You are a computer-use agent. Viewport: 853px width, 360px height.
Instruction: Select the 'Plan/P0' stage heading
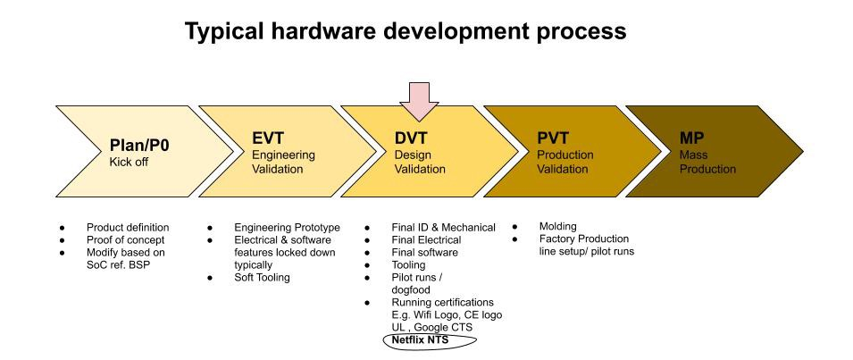coord(139,145)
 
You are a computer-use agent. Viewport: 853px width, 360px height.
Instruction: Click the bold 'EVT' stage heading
coord(268,138)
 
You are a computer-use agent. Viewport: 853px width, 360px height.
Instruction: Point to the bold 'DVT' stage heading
coord(412,138)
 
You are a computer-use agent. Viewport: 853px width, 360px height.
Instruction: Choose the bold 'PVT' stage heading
coord(554,138)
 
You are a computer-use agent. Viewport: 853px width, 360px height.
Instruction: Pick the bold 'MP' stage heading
coord(692,138)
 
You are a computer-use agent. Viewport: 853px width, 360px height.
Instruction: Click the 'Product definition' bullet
coord(128,227)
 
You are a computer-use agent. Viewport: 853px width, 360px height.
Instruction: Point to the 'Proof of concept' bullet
coord(125,239)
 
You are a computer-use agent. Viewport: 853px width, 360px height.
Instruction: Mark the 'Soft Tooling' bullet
coord(262,278)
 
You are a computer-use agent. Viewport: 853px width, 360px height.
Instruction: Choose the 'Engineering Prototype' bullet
coord(287,227)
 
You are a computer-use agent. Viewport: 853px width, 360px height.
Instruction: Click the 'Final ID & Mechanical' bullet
coord(444,227)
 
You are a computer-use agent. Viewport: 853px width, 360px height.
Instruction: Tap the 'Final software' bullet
coord(425,252)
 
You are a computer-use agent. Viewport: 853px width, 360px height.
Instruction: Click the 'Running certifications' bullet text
coord(443,303)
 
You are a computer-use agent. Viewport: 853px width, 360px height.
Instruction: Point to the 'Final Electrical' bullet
coord(427,239)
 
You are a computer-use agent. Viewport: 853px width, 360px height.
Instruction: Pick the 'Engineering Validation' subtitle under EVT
coord(277,162)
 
